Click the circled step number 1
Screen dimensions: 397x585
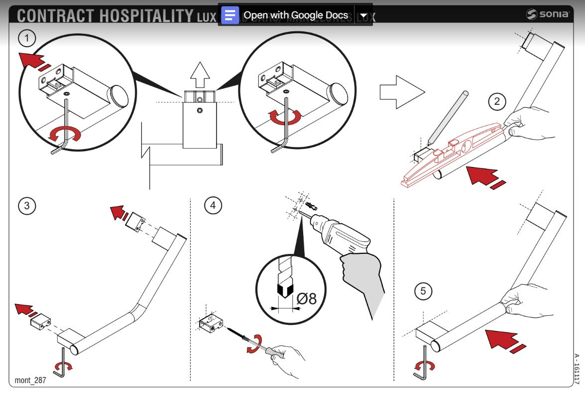[x=27, y=37]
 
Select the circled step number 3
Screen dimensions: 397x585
[x=27, y=206]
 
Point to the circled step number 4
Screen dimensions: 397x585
[x=213, y=206]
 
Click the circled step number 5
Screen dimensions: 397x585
[x=423, y=291]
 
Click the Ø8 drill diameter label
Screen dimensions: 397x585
[x=306, y=299]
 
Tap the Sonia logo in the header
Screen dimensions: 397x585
[x=548, y=14]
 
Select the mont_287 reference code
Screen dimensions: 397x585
[x=30, y=381]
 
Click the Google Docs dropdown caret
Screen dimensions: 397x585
[x=364, y=15]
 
